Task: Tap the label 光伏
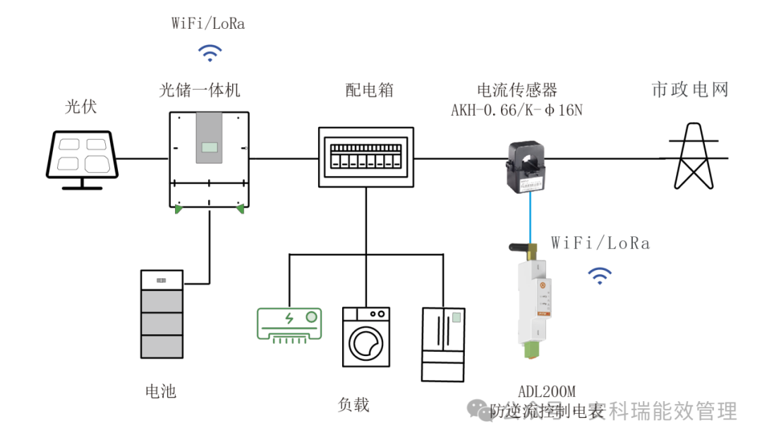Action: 81,107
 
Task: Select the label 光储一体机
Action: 200,90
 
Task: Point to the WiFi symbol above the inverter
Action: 209,52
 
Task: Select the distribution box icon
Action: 365,156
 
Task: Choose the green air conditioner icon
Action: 289,325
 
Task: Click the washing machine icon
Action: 365,336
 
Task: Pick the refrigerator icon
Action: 443,344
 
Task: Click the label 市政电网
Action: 689,90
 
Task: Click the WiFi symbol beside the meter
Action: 600,276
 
